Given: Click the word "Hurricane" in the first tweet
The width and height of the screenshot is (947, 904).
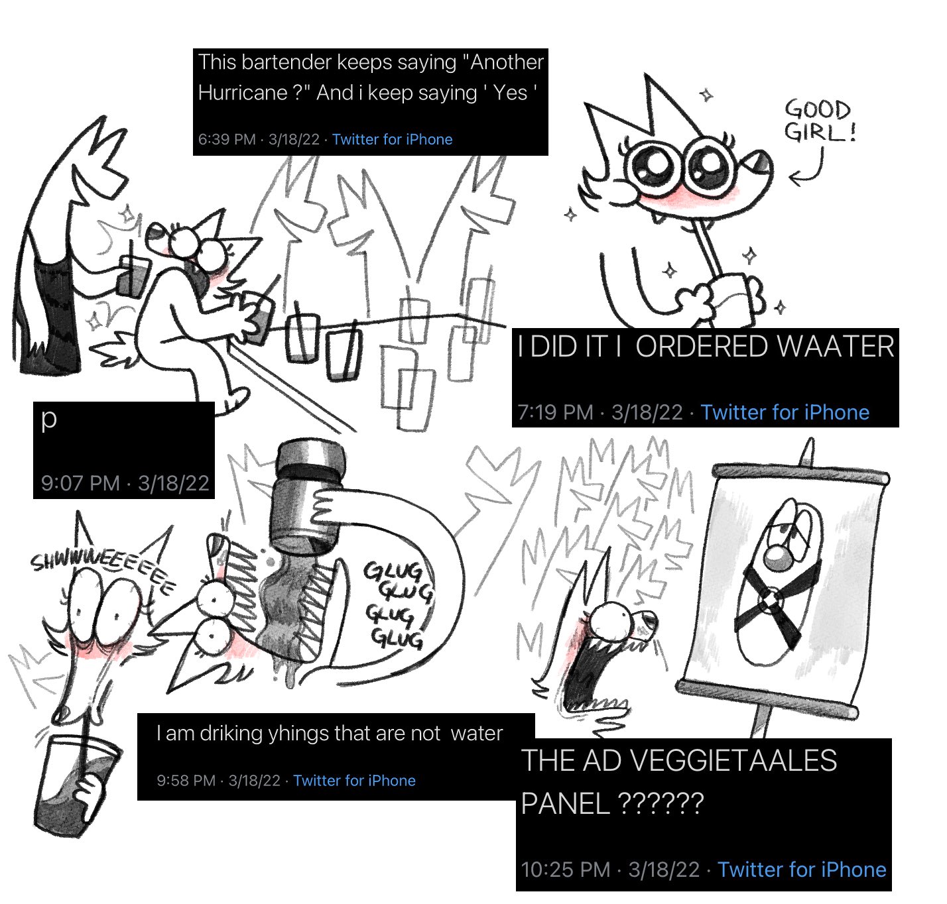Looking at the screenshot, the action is (x=242, y=92).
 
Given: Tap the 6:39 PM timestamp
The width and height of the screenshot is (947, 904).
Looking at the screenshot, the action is (x=226, y=140).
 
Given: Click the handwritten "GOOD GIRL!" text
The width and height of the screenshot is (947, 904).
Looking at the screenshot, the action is (x=820, y=121).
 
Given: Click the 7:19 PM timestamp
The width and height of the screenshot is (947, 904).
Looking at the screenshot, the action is (x=555, y=412).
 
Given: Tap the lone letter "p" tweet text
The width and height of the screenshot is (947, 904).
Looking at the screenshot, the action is (x=48, y=419).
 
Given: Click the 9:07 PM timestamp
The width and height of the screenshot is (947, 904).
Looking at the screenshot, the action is (x=80, y=483).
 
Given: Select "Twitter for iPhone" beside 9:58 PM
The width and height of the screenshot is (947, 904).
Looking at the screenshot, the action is (x=354, y=781).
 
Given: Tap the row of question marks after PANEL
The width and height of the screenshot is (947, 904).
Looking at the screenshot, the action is (x=661, y=803).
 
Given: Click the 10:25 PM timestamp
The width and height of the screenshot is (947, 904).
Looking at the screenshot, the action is (x=566, y=870).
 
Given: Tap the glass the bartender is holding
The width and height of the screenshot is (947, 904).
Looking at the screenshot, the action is (x=131, y=276).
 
